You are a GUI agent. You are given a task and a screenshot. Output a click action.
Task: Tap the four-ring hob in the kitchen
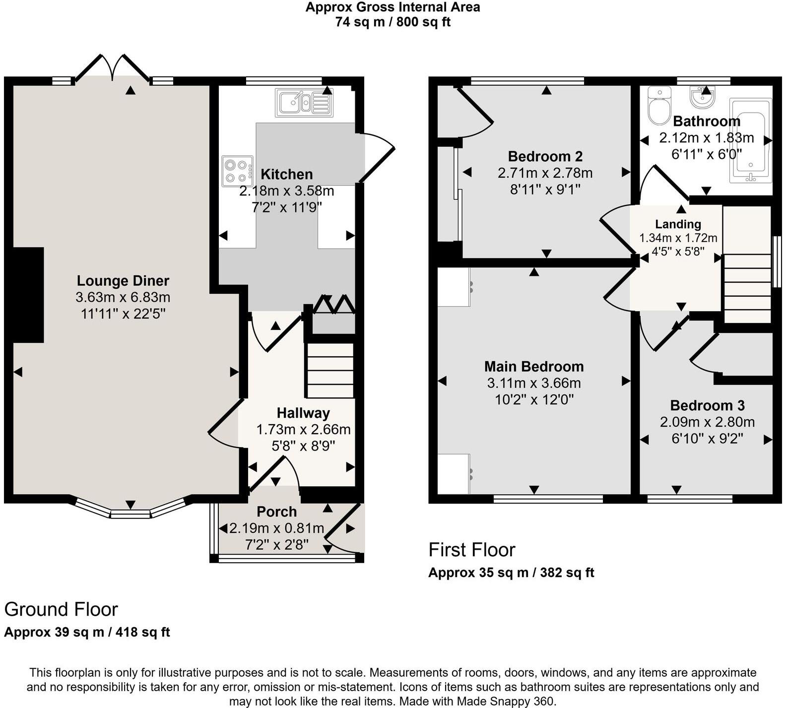point(237,171)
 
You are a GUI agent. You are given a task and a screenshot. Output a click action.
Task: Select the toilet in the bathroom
point(659,106)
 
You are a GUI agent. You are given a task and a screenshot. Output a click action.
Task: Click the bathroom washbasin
point(702,97)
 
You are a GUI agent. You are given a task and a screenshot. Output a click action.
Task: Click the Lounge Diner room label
point(123,281)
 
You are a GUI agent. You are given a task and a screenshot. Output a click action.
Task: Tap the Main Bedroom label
point(534,367)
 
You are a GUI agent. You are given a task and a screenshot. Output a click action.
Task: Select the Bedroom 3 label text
point(707,405)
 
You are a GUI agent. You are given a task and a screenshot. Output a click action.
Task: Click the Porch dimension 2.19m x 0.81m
point(276,528)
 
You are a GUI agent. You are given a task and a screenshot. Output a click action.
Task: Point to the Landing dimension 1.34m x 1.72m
point(678,238)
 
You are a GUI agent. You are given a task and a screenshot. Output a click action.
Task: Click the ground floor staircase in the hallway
point(330,370)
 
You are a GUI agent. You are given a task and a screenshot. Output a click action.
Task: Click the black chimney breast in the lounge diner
point(28,295)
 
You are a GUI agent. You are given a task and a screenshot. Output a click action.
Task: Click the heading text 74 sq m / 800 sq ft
point(393,22)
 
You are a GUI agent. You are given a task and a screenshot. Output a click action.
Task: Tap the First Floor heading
point(471,550)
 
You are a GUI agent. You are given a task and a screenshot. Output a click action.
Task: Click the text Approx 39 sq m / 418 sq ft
point(87,632)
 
